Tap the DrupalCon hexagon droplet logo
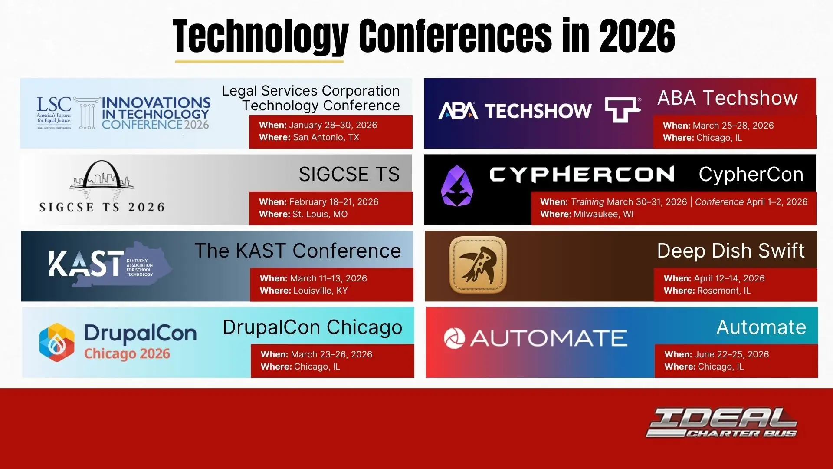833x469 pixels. [56, 342]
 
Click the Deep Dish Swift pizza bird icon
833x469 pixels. [478, 265]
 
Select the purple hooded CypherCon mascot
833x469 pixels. [457, 186]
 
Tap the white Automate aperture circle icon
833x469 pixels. [454, 338]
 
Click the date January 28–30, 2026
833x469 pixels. [333, 125]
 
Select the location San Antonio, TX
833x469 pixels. [326, 137]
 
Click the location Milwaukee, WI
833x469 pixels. [603, 214]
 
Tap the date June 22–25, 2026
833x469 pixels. [731, 354]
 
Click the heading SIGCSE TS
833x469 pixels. [349, 174]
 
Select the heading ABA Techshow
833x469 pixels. [728, 98]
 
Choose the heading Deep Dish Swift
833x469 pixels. [731, 251]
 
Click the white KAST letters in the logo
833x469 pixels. [86, 264]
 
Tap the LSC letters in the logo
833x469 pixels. [54, 105]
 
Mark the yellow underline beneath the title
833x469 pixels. [259, 62]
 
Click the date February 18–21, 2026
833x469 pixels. [334, 202]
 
